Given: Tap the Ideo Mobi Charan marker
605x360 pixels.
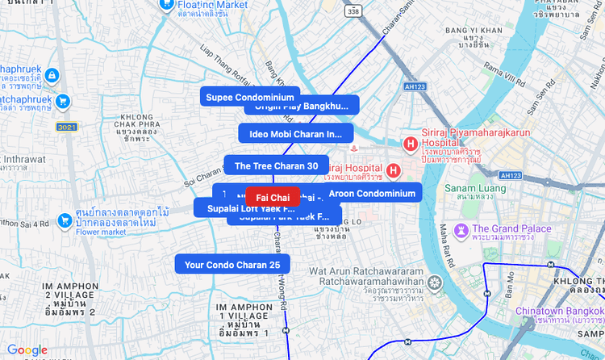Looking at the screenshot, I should click(295, 134).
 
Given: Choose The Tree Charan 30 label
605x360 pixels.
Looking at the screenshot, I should click(276, 165).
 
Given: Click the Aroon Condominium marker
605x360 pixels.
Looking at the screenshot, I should click(372, 193).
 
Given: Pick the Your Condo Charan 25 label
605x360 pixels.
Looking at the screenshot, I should click(232, 264).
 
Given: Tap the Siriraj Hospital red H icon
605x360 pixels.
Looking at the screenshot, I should click(393, 170).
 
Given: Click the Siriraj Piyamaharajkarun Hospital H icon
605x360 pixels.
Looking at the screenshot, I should click(410, 144).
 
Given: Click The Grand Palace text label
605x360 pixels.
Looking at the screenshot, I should click(512, 229).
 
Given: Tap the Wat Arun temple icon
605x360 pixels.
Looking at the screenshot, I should click(436, 283).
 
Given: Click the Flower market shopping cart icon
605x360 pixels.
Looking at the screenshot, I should click(65, 220).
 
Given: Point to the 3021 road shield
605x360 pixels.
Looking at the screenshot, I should click(66, 128).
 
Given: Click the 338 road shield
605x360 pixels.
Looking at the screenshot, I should click(352, 11).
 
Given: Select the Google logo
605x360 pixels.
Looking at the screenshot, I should click(27, 350).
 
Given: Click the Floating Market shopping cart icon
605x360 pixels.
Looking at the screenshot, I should click(166, 4).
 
